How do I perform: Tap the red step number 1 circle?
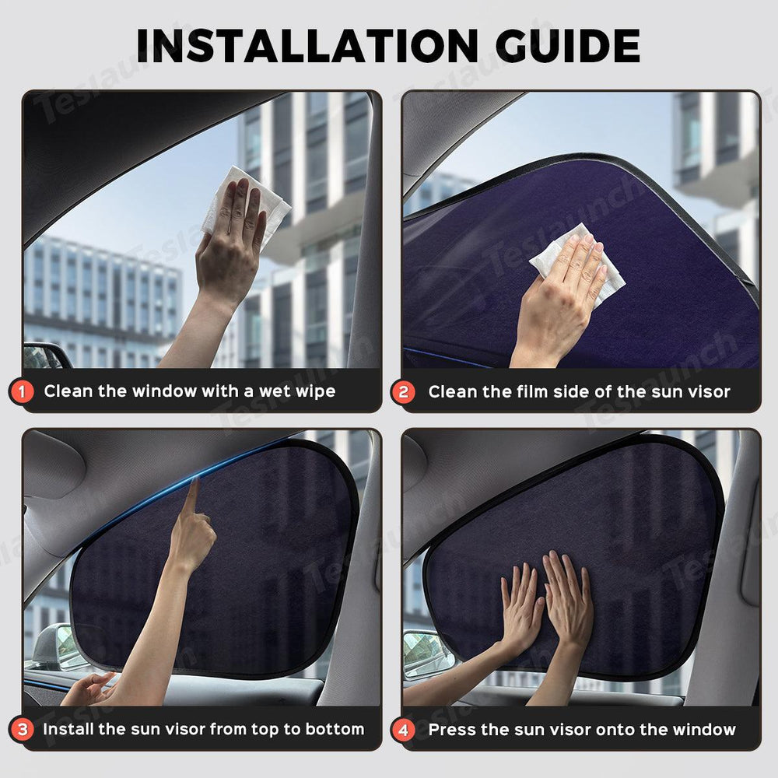click(x=23, y=391)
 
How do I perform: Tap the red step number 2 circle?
click(x=403, y=391)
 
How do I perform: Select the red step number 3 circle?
click(x=23, y=729)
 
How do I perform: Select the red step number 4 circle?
click(x=403, y=729)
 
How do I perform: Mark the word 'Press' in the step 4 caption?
click(x=454, y=729)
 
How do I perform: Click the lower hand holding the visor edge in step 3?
click(x=89, y=689)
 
